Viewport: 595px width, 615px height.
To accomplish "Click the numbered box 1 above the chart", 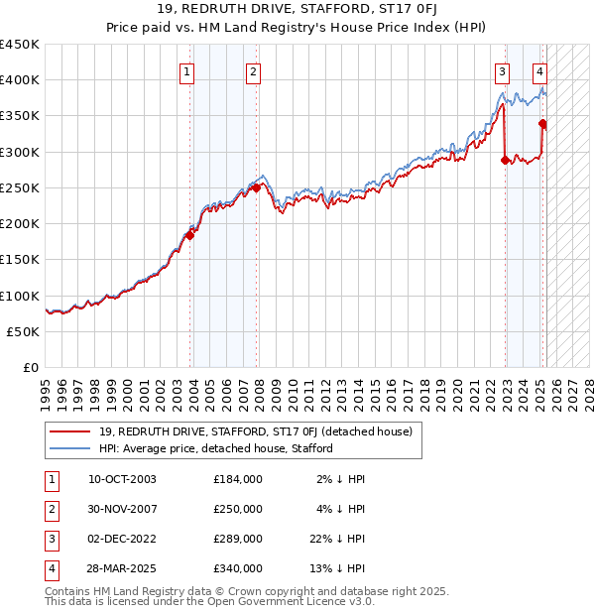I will (x=187, y=71).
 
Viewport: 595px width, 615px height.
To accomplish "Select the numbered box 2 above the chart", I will (x=254, y=71).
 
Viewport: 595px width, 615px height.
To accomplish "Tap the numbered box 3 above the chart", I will (x=503, y=71).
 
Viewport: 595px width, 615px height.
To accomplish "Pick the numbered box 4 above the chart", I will (x=539, y=71).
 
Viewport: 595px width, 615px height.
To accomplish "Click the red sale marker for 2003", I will (x=189, y=235).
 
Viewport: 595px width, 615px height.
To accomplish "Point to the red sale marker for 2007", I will (x=256, y=187).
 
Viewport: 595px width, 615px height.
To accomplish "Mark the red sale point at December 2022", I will (x=505, y=159).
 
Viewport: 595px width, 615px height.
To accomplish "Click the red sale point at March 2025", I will (x=542, y=124).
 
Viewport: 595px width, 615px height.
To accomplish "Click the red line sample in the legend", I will (x=69, y=431).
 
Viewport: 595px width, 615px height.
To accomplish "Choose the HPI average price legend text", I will (x=215, y=448).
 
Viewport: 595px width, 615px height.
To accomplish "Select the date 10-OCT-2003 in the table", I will (x=122, y=479).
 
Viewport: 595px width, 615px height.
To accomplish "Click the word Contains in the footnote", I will (x=67, y=591).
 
